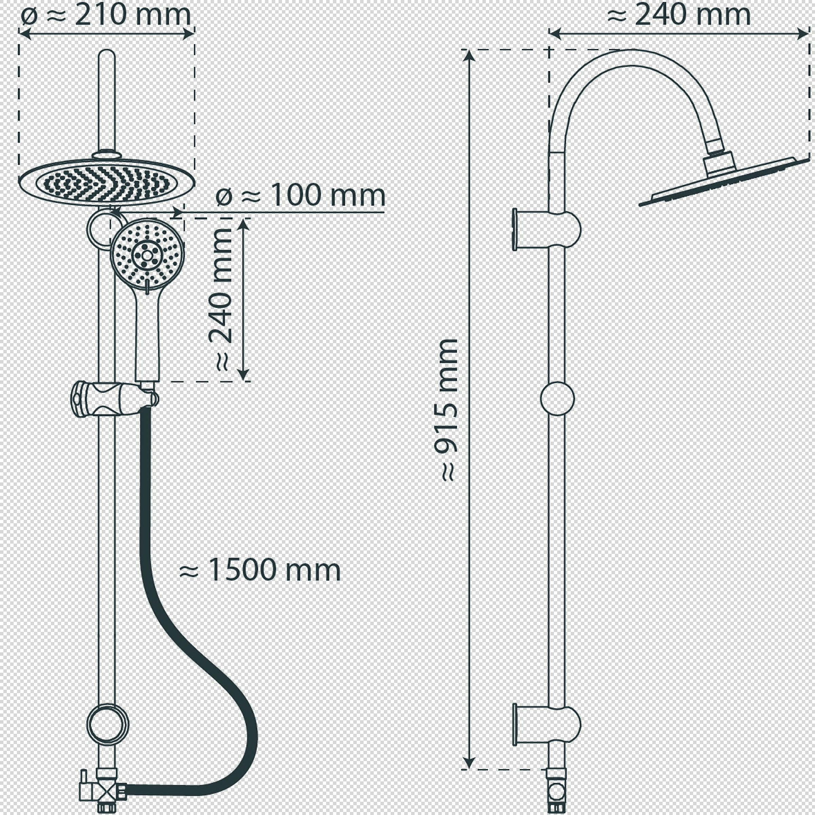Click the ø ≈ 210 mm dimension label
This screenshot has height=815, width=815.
(x=106, y=16)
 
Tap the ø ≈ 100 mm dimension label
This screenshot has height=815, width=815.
(x=300, y=195)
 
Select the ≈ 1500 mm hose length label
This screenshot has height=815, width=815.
(x=260, y=570)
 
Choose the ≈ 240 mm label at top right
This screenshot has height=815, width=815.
(x=679, y=15)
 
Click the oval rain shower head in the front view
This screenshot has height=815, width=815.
(x=107, y=183)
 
